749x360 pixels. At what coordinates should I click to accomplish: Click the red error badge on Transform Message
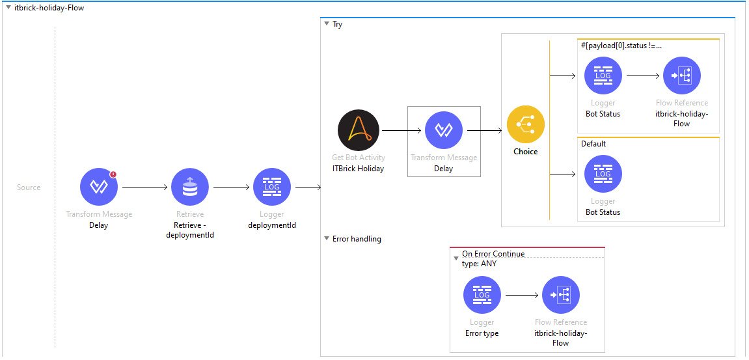[x=113, y=174]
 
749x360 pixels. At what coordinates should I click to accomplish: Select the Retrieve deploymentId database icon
[x=189, y=187]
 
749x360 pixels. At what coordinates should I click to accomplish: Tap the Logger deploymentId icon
[x=272, y=187]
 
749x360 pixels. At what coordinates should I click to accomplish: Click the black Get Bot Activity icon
[x=358, y=130]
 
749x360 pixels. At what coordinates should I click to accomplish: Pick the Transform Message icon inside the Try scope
[x=444, y=130]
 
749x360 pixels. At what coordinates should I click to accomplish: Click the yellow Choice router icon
[x=526, y=125]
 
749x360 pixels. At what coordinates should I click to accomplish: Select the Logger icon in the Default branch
[x=603, y=174]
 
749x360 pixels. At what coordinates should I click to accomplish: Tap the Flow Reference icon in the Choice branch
[x=682, y=76]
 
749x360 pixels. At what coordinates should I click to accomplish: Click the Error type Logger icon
[x=482, y=295]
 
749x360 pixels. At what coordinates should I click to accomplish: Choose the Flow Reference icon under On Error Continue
[x=561, y=295]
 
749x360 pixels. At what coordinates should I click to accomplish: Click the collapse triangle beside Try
[x=327, y=24]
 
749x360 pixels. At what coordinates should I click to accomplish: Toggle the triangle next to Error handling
[x=327, y=239]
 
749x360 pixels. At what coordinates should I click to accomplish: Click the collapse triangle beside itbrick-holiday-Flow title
[x=7, y=8]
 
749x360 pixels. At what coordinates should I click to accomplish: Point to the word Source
[x=29, y=187]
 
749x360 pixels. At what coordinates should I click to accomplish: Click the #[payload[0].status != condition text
[x=621, y=46]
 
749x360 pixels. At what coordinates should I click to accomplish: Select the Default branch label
[x=593, y=144]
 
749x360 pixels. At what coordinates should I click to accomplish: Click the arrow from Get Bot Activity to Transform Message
[x=401, y=131]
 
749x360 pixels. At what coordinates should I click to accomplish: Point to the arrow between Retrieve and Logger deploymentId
[x=231, y=187]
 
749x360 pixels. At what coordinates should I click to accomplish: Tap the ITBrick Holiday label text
[x=358, y=169]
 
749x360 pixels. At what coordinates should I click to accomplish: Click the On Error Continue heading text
[x=493, y=254]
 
